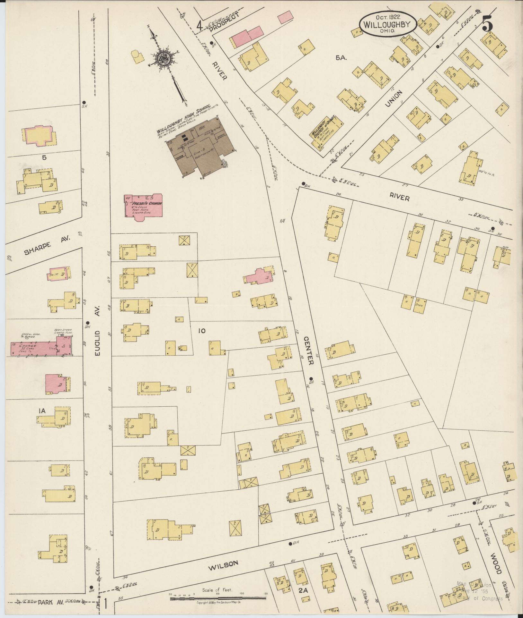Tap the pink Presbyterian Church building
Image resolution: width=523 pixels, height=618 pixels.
coord(144,207)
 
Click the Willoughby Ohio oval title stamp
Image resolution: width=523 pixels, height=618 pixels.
coord(388,24)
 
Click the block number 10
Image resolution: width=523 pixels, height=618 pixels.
coord(201,331)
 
